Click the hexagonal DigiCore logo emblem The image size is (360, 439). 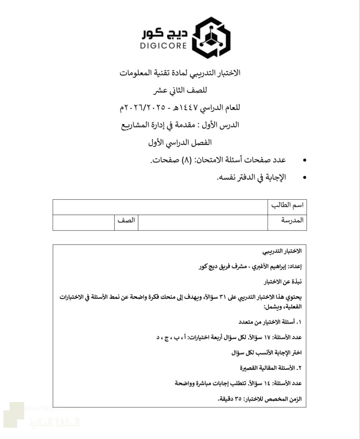click(211, 37)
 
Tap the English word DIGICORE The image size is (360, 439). click(164, 45)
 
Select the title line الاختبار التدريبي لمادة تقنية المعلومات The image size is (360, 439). click(180, 73)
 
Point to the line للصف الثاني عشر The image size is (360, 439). click(180, 91)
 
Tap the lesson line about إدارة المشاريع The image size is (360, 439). click(180, 125)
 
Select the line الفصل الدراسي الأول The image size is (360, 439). click(180, 142)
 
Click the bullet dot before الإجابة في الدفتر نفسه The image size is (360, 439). click(304, 178)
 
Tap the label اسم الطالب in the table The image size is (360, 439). click(287, 205)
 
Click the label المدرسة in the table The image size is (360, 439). click(292, 220)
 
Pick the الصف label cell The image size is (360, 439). click(126, 221)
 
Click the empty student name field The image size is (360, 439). click(160, 207)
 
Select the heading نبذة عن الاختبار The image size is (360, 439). click(283, 282)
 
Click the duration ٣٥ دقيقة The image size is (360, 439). click(229, 399)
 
